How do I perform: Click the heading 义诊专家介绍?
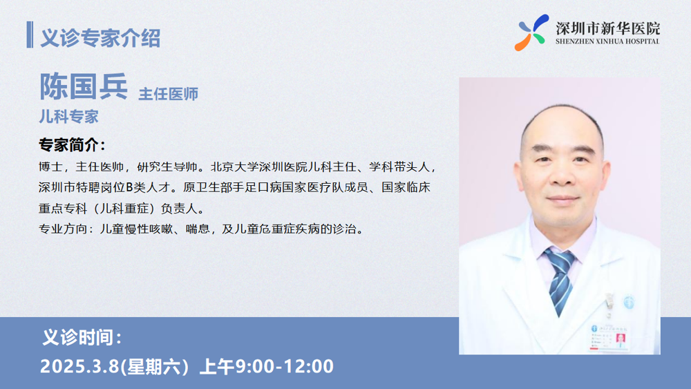(x=100, y=37)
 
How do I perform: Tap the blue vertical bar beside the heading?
(x=30, y=35)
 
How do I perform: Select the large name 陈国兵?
(x=84, y=86)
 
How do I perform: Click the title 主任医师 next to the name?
(x=169, y=94)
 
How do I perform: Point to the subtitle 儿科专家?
(x=68, y=116)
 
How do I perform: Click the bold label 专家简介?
(x=72, y=144)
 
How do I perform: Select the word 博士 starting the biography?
(x=50, y=167)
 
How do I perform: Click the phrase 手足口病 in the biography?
(x=257, y=187)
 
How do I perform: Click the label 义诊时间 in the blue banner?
(x=82, y=338)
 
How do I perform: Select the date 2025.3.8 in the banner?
(x=80, y=366)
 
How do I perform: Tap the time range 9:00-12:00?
(x=284, y=366)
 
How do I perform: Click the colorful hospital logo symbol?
(x=531, y=32)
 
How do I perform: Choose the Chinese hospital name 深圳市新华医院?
(x=607, y=28)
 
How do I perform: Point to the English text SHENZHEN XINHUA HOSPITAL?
(x=607, y=41)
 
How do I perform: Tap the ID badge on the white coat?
(x=609, y=337)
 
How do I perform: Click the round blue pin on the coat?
(x=629, y=302)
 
